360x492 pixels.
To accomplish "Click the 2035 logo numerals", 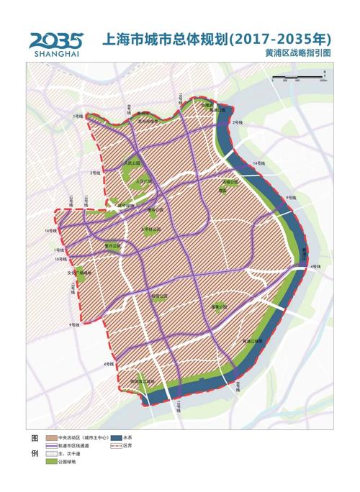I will pos(56,39).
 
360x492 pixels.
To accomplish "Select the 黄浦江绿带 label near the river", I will pos(257,340).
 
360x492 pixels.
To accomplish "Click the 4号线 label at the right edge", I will pos(313,266).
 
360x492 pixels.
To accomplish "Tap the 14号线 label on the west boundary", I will pos(50,231).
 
